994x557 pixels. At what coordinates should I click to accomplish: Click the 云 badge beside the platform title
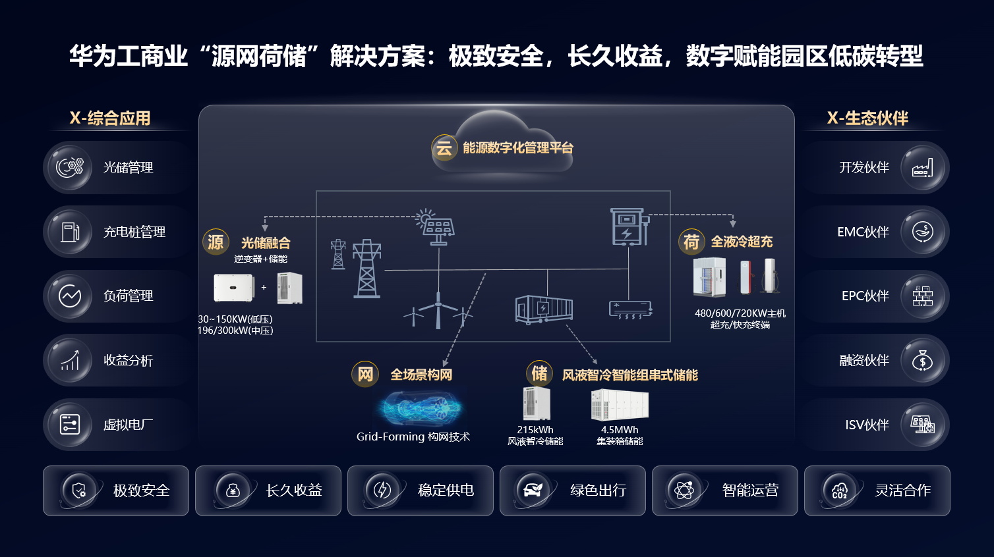coord(444,148)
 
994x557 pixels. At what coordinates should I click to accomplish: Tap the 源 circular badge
coord(216,242)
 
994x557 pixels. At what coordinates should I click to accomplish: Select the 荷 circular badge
coord(691,242)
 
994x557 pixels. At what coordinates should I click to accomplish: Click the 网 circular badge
coord(365,375)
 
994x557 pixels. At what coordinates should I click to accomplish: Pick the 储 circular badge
coord(539,373)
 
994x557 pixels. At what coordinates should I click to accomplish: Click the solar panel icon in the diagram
coord(436,226)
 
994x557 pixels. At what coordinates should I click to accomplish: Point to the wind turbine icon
coord(438,310)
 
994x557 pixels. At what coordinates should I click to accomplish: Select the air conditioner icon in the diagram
coord(631,309)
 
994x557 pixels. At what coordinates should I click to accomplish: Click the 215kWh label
coord(535,430)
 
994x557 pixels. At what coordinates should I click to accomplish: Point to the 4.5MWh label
coord(620,430)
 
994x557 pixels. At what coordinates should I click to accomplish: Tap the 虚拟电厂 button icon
coord(70,425)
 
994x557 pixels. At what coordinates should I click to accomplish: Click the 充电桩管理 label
coord(134,232)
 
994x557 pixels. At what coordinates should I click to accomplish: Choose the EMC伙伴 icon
coord(922,232)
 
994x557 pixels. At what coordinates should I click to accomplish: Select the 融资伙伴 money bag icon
coord(922,361)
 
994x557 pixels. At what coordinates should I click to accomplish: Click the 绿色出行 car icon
coord(532,491)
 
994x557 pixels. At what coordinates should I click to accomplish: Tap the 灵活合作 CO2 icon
coord(840,491)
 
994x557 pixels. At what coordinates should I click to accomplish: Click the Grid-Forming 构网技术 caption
coord(413,437)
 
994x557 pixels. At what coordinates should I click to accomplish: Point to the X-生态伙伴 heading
coord(867,118)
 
